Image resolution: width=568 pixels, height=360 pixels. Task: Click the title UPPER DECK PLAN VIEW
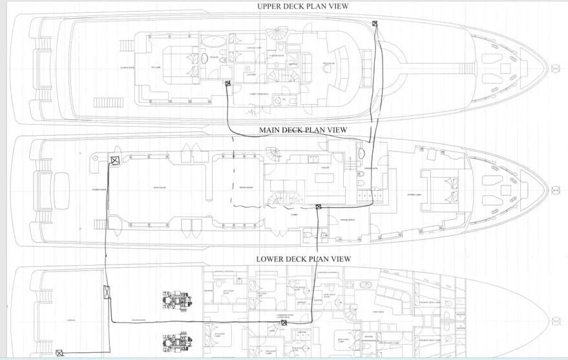coord(303,6)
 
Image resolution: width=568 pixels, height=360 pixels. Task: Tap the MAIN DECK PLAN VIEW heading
coord(303,130)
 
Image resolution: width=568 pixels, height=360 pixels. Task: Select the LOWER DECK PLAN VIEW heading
coord(303,259)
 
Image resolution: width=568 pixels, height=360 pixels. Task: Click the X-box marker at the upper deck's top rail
coord(375,24)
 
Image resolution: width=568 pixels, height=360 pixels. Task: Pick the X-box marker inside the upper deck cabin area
coord(227,83)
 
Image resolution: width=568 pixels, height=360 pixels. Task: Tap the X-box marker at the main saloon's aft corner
coord(114,161)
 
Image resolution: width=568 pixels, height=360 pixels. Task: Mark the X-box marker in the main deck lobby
coord(319,207)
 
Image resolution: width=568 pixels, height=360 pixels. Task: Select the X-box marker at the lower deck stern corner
coord(59,353)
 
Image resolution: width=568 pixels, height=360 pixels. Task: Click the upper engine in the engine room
coord(176,301)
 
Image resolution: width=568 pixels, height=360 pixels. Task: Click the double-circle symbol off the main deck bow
coord(554,191)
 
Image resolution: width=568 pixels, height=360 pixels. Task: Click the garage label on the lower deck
coord(71,319)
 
